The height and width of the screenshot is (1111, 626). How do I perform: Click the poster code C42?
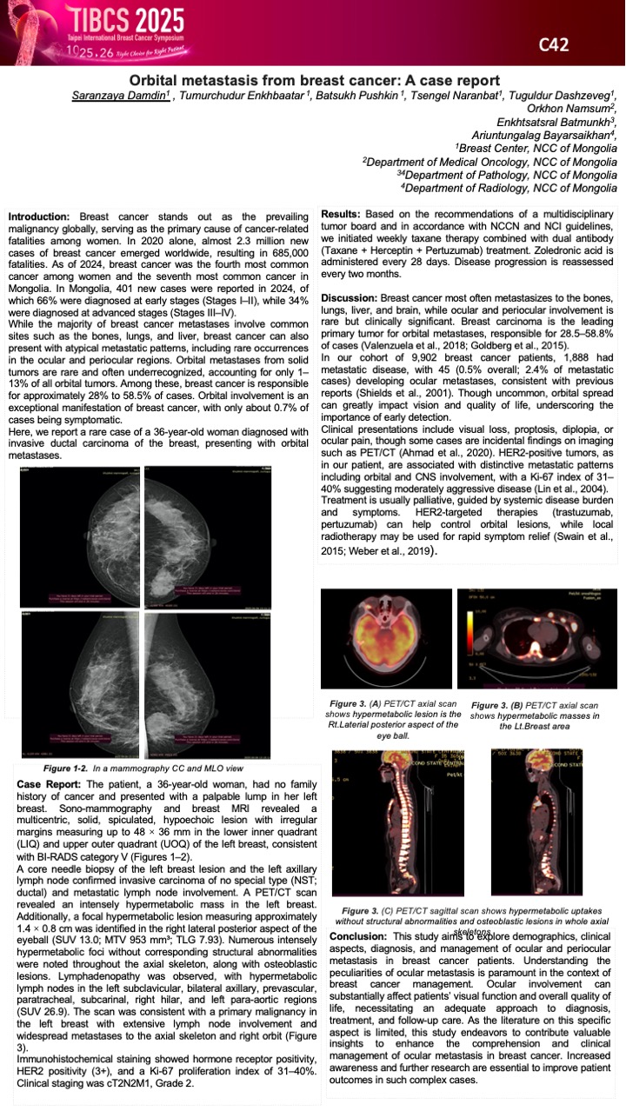coord(554,44)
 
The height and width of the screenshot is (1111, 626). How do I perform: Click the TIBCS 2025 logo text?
coord(123,20)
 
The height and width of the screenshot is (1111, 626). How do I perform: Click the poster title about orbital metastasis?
coord(313,79)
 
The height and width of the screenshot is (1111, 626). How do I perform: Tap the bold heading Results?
coord(345,215)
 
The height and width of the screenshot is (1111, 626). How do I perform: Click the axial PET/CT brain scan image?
coord(386,639)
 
